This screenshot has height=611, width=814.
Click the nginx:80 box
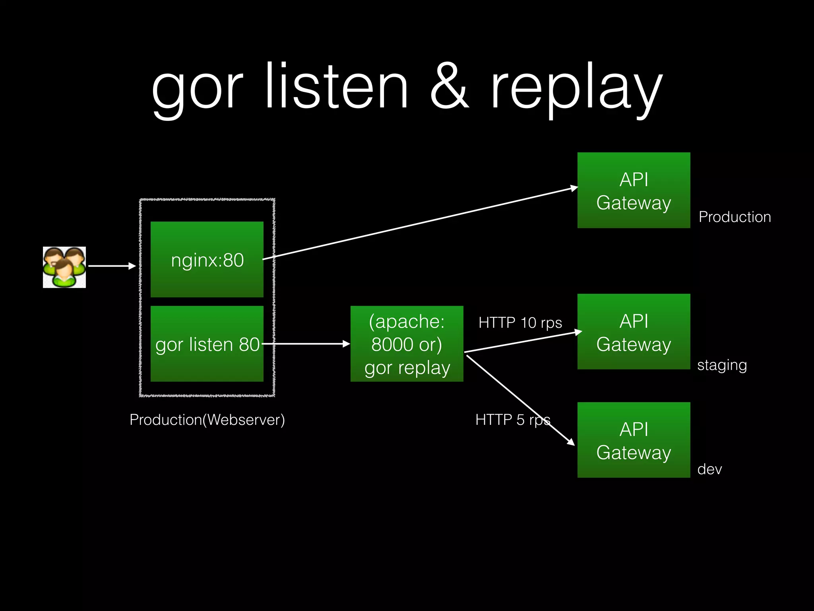point(207,259)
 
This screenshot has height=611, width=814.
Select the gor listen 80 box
point(207,344)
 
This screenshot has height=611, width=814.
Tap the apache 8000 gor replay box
point(407,344)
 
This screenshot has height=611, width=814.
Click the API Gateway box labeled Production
point(634,190)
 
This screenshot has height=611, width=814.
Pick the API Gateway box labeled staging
point(634,331)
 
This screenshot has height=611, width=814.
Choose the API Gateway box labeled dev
point(634,440)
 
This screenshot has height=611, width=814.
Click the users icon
point(64,267)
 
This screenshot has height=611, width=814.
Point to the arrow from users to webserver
point(111,266)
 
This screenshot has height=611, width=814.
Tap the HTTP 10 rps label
point(520,323)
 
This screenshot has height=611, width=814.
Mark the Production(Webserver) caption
point(207,420)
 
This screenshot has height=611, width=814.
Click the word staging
point(722,365)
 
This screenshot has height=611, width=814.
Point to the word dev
point(709,469)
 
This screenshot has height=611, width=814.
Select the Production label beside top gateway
point(735,217)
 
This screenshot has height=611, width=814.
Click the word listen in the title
point(336,87)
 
